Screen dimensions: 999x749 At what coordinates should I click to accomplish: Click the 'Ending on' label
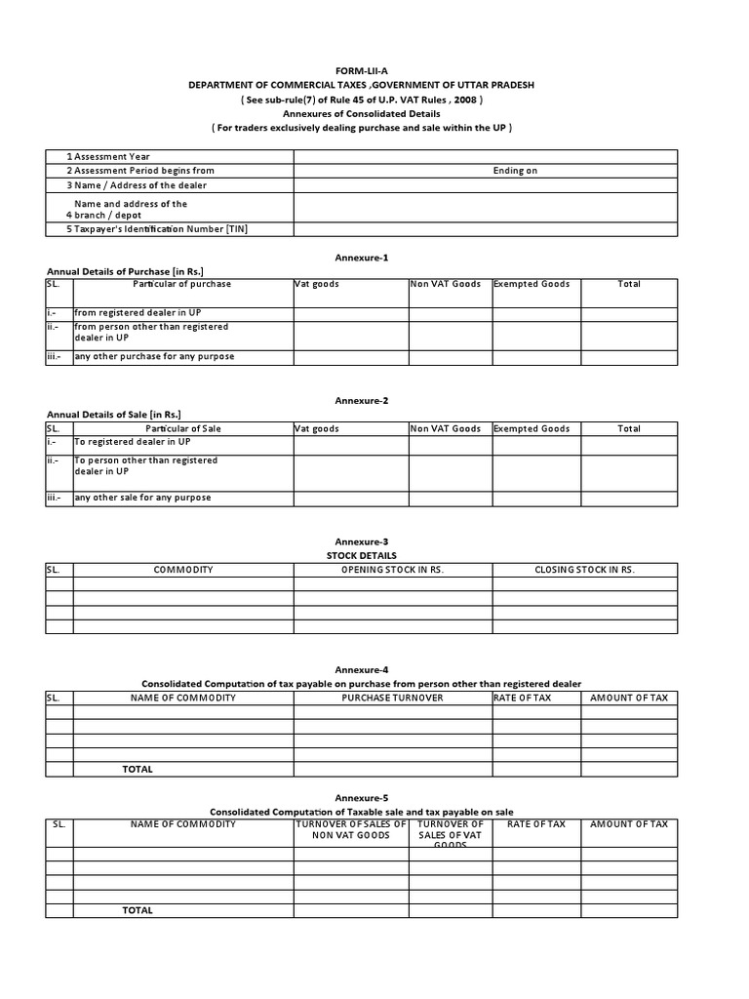515,171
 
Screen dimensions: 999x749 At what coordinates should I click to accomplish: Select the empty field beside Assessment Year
485,156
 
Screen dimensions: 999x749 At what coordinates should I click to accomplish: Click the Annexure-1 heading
349,258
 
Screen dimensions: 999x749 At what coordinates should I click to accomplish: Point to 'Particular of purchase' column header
182,284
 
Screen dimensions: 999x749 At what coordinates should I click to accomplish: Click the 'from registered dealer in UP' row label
138,313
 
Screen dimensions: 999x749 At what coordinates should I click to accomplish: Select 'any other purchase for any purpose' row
154,357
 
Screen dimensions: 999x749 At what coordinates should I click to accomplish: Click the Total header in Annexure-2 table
629,428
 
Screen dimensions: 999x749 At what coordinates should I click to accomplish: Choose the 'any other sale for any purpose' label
142,498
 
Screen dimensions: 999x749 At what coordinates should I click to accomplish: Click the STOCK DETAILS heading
349,555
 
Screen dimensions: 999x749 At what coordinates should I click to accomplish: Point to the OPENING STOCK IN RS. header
392,570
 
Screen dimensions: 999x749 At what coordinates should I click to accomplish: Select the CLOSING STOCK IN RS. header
584,570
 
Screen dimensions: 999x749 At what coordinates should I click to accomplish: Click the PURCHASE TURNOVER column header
392,699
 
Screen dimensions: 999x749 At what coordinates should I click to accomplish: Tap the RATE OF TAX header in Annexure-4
536,699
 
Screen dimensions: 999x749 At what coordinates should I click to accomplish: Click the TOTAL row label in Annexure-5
138,910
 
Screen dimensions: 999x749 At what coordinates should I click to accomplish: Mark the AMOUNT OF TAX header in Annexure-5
629,824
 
